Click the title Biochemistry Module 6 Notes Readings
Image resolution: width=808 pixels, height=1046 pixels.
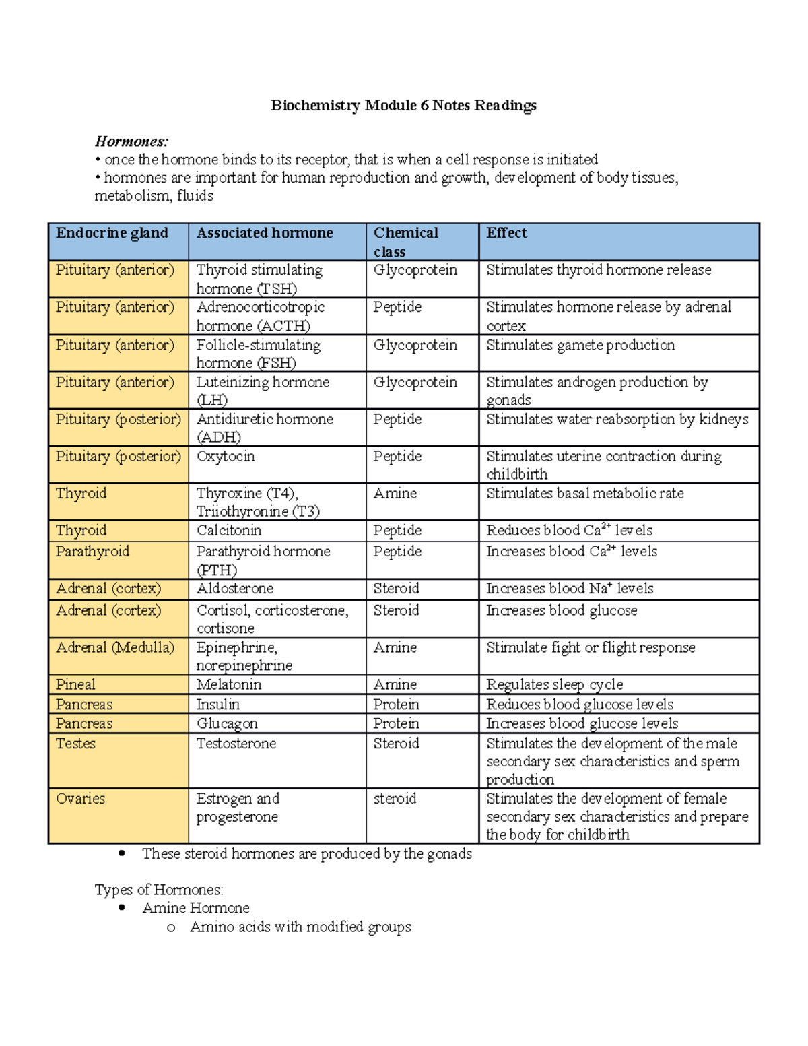pos(403,106)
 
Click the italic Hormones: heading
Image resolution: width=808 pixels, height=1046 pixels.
pos(131,141)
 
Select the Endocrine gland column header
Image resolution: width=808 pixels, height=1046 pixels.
pos(112,233)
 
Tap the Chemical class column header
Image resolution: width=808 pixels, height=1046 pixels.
pos(405,242)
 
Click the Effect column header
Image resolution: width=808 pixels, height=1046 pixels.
pos(506,233)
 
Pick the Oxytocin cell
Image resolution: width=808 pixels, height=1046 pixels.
pos(226,457)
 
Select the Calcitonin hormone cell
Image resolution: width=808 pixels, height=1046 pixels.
pos(229,531)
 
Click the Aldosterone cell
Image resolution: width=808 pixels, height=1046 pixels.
pos(235,589)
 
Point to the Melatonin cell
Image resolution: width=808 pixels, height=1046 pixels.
pos(229,685)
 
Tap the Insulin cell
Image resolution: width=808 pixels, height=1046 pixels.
pos(218,705)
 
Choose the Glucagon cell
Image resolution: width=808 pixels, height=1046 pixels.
pos(227,724)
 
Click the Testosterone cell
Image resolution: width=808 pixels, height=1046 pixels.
pos(236,744)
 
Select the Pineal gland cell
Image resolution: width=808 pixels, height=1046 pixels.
pos(75,685)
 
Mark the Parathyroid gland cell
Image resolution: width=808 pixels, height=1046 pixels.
pos(92,552)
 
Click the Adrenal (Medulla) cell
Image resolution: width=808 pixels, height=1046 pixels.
pos(115,648)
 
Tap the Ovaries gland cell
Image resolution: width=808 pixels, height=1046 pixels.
pos(81,799)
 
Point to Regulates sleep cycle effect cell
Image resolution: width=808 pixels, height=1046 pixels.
pos(555,685)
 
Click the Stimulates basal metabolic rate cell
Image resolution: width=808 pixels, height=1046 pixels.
pos(585,494)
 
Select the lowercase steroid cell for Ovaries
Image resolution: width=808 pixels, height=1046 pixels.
pos(395,799)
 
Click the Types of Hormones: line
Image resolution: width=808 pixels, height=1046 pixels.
pos(159,890)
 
